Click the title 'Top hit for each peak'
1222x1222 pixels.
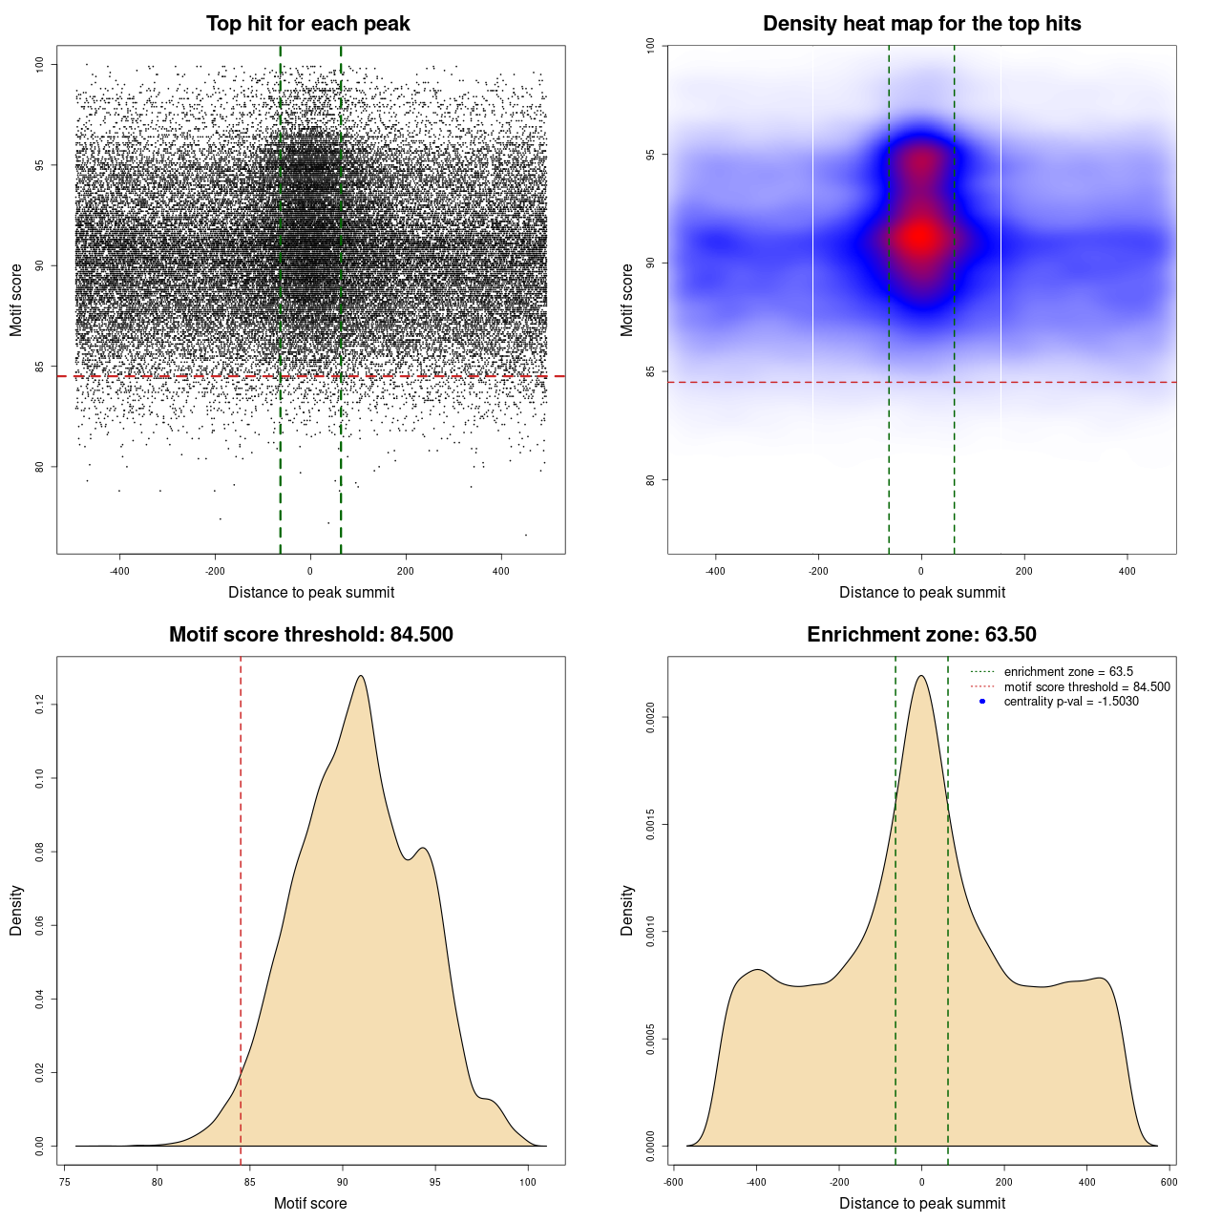308,24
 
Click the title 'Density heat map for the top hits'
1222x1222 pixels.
921,24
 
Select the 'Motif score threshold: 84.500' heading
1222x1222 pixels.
310,635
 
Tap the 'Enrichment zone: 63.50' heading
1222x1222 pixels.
921,635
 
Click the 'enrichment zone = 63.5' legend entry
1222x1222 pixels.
1068,672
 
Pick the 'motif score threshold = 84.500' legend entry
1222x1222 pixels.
1086,686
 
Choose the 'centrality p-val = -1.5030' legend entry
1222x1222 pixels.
1071,702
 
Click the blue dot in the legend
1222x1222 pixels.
982,702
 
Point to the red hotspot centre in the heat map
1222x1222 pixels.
920,237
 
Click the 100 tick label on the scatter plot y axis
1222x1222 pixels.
39,64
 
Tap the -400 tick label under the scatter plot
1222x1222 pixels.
119,571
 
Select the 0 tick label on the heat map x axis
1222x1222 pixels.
921,571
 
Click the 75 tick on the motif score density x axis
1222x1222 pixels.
64,1182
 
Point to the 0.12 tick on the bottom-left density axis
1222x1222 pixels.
39,705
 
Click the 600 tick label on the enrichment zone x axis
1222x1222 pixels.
1169,1182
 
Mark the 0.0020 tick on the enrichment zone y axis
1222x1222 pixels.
650,717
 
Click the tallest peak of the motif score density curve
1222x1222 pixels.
361,676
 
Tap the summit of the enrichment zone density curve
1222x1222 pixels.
921,676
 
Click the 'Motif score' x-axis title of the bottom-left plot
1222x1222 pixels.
310,1203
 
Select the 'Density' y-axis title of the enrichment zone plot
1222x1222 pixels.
627,910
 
